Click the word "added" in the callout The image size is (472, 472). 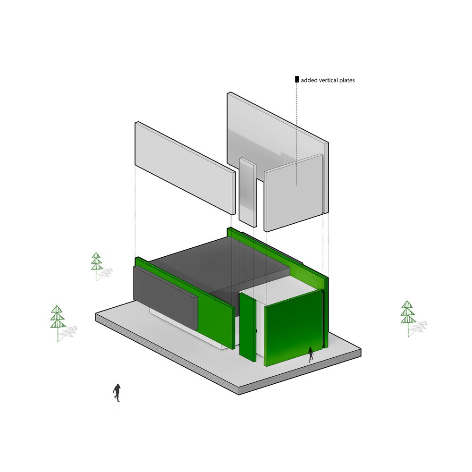[x=309, y=80]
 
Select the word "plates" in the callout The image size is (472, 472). [x=347, y=80]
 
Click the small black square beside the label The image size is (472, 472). [x=296, y=79]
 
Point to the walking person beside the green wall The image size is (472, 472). [x=311, y=354]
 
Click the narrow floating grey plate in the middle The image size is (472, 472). [x=247, y=191]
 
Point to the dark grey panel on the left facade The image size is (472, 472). [x=165, y=297]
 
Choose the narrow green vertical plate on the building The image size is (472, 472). [x=247, y=326]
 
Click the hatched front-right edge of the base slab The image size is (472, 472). [x=302, y=373]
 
